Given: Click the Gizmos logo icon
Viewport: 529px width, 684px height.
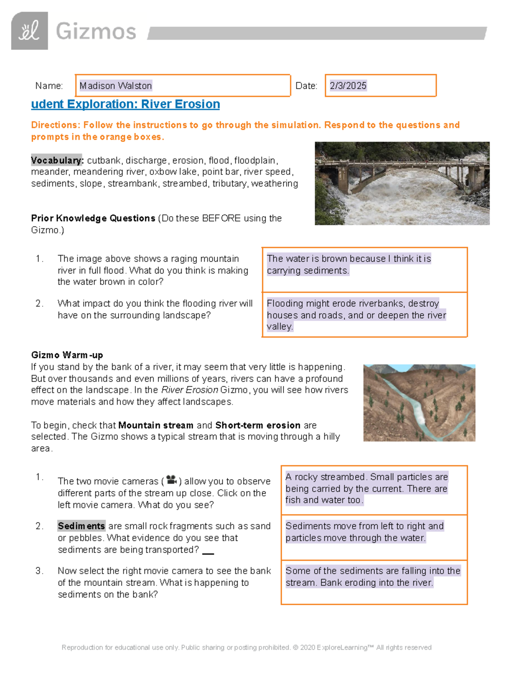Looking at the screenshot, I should [x=29, y=31].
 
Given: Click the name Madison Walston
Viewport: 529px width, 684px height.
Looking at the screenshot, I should [x=115, y=85].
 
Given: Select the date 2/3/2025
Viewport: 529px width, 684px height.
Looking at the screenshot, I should [x=348, y=85].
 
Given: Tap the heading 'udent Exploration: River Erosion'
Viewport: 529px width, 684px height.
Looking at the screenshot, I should [x=125, y=104].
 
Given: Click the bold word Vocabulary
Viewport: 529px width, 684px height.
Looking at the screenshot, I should [x=57, y=160].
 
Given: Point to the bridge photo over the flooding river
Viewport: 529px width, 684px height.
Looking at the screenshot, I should [x=402, y=183].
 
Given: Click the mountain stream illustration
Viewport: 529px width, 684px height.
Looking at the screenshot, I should [x=419, y=403].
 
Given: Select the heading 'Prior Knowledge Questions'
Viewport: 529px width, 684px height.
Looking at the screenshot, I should [x=93, y=218].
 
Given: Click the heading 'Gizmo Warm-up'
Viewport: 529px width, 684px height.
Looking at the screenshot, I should [x=67, y=355].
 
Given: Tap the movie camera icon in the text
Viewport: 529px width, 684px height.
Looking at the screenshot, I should [x=171, y=480].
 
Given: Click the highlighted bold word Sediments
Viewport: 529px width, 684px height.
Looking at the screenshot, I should [x=81, y=526].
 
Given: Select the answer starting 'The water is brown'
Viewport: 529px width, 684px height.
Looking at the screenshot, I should [x=349, y=264].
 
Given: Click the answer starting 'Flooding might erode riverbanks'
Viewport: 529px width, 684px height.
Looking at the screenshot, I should [x=356, y=314].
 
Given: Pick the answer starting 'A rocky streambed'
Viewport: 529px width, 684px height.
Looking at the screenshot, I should [x=366, y=488].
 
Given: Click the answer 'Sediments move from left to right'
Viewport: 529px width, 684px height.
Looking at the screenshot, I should [x=364, y=532].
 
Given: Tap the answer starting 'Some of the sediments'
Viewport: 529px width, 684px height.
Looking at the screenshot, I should [x=373, y=576].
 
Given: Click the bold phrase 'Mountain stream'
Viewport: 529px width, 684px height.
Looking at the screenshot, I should [x=156, y=425].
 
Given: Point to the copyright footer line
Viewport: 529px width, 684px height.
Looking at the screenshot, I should [x=246, y=647].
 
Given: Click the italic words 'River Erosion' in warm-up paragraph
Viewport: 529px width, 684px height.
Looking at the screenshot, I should [x=190, y=390].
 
